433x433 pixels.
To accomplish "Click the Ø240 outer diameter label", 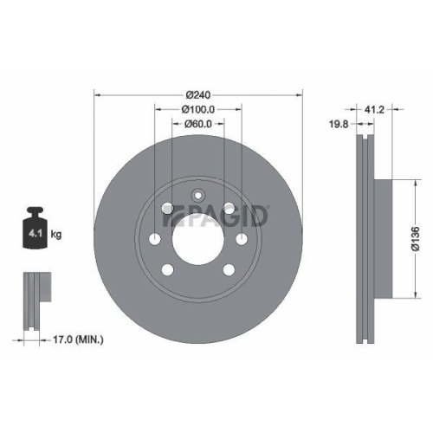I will pyautogui.click(x=198, y=94).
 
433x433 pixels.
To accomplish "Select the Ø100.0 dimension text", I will pyautogui.click(x=198, y=109).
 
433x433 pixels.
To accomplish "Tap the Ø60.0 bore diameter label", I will pyautogui.click(x=198, y=124).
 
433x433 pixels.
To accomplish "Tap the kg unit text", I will pyautogui.click(x=56, y=234).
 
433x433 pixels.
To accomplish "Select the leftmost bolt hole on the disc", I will pyautogui.click(x=155, y=240).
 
